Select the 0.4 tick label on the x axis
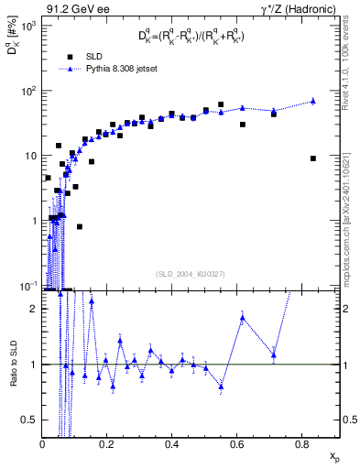(172, 443)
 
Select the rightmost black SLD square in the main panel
(312, 158)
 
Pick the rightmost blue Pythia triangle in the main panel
(312, 101)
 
